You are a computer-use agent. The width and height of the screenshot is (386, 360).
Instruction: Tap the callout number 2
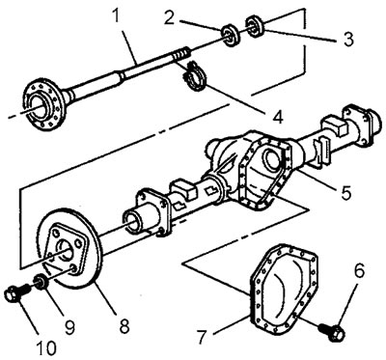pos(170,17)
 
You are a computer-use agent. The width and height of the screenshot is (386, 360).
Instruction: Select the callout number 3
pos(347,39)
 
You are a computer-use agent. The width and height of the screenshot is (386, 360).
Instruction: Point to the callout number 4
pos(277,116)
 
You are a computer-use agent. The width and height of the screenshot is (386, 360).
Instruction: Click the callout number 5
pos(346,192)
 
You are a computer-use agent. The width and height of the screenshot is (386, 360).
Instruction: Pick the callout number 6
pos(359,270)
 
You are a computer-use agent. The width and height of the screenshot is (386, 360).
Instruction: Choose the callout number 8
pos(124,325)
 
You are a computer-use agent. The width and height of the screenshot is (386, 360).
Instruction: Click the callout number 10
pos(45,347)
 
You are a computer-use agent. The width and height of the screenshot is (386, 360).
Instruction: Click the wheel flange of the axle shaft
pos(43,103)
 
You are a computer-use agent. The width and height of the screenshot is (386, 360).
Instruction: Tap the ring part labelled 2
pos(231,35)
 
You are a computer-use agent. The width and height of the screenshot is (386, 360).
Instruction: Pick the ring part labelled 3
pos(255,26)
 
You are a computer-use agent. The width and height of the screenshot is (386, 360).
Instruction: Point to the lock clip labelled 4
pos(194,76)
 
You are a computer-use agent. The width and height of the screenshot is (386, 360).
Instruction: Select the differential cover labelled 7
pos(284,289)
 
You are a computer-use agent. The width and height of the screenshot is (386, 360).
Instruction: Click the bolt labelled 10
pos(17,292)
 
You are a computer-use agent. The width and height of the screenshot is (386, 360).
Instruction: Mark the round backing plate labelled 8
pos(70,248)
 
